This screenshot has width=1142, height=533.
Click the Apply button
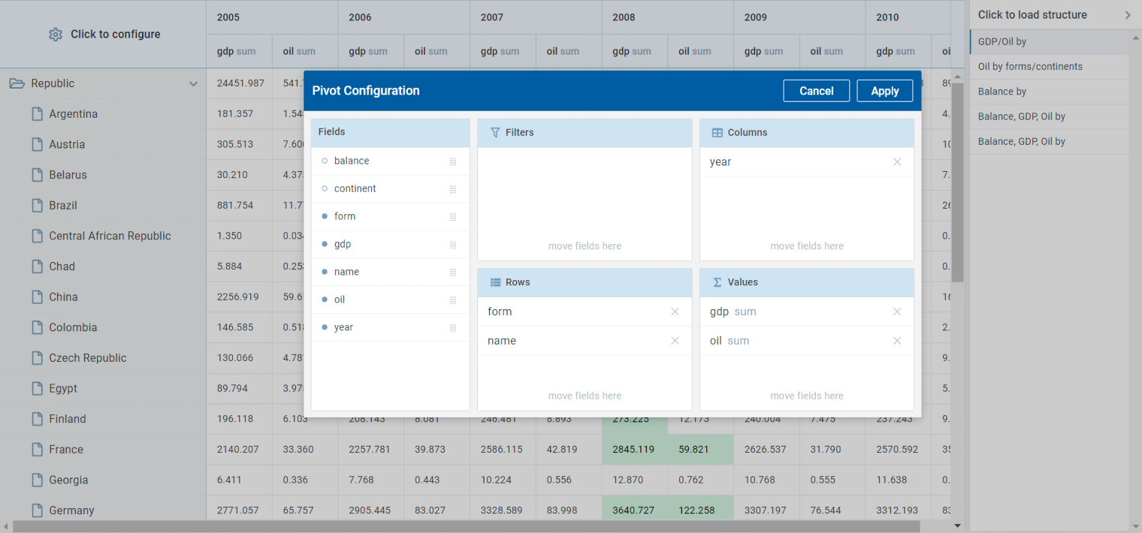coord(884,91)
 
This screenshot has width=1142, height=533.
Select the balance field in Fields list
coord(352,161)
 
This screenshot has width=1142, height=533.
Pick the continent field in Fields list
coord(355,188)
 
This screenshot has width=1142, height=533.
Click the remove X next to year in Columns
coord(896,161)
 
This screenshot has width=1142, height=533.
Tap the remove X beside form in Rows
coord(675,312)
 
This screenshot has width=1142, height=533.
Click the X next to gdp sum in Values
coord(896,312)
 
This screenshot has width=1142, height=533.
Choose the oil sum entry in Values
coord(729,341)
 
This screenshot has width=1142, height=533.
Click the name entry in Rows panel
coord(502,341)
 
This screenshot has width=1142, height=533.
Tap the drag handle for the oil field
coord(453,300)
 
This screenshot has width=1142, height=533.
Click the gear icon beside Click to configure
coord(56,35)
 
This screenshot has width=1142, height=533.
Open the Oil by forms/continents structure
coord(1030,67)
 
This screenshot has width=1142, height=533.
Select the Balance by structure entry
coord(1002,92)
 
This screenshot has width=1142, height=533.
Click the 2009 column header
coord(755,17)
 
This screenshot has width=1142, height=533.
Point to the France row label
coord(66,450)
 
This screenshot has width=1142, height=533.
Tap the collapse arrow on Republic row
coord(194,84)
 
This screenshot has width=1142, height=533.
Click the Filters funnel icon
coord(495,132)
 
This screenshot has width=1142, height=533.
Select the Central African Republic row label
coord(110,236)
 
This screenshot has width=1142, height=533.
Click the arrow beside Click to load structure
coord(1127,15)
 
